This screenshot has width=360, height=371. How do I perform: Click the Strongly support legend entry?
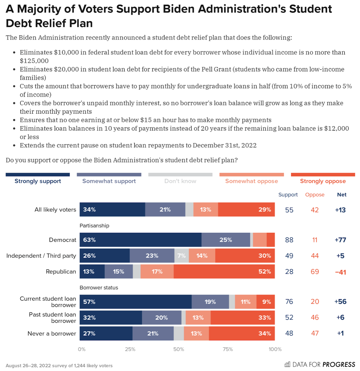tap(38, 181)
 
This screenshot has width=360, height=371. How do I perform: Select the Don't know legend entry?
tap(180, 181)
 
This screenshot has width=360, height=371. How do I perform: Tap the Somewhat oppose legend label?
tap(252, 181)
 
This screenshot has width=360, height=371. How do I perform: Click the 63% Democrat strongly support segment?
tap(141, 240)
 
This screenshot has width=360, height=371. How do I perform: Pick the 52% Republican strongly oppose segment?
tap(224, 271)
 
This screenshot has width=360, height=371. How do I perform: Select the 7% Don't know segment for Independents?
tap(182, 255)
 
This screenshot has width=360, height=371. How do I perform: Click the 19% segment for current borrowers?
tap(210, 302)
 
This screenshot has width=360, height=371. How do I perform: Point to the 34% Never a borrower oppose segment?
tap(242, 333)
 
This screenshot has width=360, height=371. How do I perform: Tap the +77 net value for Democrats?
tap(340, 240)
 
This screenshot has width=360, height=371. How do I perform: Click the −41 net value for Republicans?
tap(340, 272)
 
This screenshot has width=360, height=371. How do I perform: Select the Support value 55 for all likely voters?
tap(289, 210)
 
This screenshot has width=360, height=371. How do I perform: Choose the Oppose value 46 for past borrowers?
tap(315, 318)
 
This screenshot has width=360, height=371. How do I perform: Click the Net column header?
tap(342, 195)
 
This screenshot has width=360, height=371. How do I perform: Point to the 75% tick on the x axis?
tap(228, 349)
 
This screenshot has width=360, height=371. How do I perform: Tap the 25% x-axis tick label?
tap(130, 349)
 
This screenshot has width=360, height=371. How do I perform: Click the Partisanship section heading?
tap(94, 226)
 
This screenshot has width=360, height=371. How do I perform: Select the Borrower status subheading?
tap(99, 288)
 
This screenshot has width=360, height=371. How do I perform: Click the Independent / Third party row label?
tap(41, 255)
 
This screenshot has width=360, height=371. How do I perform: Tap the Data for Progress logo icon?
tap(287, 364)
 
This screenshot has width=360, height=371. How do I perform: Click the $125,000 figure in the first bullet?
tap(34, 61)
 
